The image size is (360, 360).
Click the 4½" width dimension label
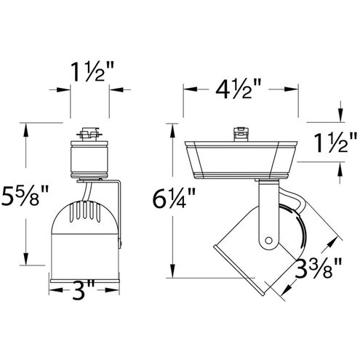239,89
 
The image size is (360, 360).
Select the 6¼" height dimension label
174,198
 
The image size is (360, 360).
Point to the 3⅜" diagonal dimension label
318,268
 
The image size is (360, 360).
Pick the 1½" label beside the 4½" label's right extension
335,143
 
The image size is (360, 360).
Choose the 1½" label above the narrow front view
92,71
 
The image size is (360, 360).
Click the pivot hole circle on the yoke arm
268,241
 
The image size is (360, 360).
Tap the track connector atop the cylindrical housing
89,135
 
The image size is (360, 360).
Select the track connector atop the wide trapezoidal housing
241,134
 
